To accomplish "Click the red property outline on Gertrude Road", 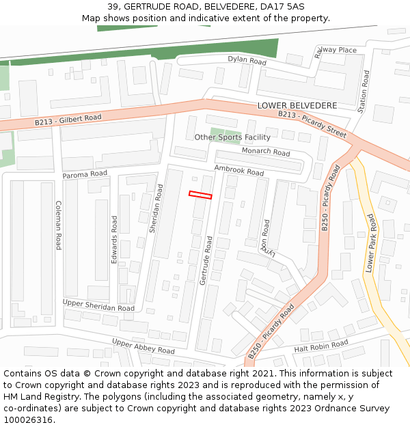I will point(200,195).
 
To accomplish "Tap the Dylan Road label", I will point(247,61).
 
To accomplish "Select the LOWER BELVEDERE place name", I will point(297,106).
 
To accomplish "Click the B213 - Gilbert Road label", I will point(68,120).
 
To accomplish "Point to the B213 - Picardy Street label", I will point(312,124).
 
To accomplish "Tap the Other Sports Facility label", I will point(232,137).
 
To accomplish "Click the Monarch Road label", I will point(266,152).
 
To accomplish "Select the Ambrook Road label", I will point(238,170).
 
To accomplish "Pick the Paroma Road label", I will point(85,175).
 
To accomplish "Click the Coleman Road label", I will point(59,225).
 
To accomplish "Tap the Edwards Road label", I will point(115,239).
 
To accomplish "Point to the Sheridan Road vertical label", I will point(156,208).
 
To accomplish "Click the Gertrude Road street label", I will point(206,261).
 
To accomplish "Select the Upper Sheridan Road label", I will point(98,305).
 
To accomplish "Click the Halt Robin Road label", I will point(320,346).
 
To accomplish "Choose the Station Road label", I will point(364,91).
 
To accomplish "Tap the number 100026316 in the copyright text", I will point(27,419).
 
